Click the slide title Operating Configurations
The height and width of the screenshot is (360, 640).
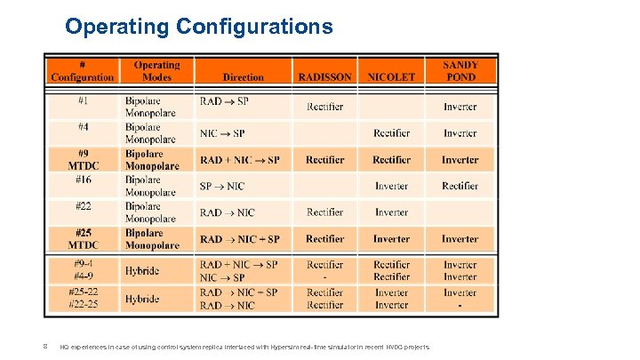pyautogui.click(x=199, y=27)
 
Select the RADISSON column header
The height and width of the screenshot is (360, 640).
pyautogui.click(x=324, y=77)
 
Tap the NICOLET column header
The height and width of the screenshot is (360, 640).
pyautogui.click(x=391, y=77)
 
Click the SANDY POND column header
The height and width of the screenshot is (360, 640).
pyautogui.click(x=460, y=71)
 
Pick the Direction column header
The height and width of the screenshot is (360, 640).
pyautogui.click(x=243, y=77)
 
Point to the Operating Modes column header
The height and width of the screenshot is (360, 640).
pyautogui.click(x=156, y=71)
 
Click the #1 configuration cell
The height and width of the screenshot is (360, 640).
pyautogui.click(x=82, y=101)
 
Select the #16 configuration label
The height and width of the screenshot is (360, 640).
pyautogui.click(x=82, y=180)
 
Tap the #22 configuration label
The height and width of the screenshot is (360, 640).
pyautogui.click(x=82, y=206)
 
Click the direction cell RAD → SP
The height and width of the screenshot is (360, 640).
pyautogui.click(x=224, y=101)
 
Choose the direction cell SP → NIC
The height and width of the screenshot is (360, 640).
pyautogui.click(x=222, y=187)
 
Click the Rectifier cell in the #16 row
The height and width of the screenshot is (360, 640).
pyautogui.click(x=460, y=187)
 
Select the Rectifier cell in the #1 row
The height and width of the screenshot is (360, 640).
pyautogui.click(x=324, y=108)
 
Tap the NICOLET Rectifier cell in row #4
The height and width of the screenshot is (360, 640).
pyautogui.click(x=391, y=133)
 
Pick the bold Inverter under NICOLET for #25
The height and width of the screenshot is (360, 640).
pyautogui.click(x=391, y=239)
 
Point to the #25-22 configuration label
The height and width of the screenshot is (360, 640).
pyautogui.click(x=82, y=292)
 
